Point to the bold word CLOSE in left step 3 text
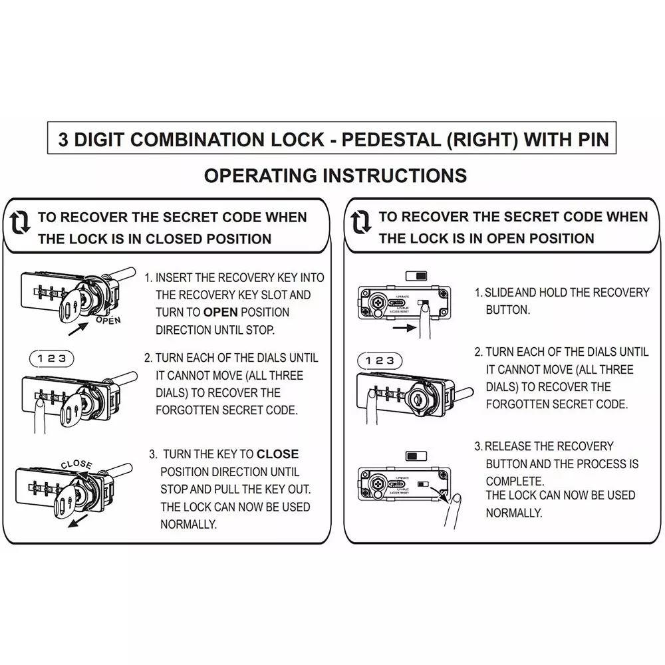pyautogui.click(x=277, y=454)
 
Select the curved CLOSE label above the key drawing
pyautogui.click(x=76, y=464)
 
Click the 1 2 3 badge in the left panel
pyautogui.click(x=52, y=358)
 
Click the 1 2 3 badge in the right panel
pyautogui.click(x=380, y=360)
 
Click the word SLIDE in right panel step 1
pyautogui.click(x=500, y=293)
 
